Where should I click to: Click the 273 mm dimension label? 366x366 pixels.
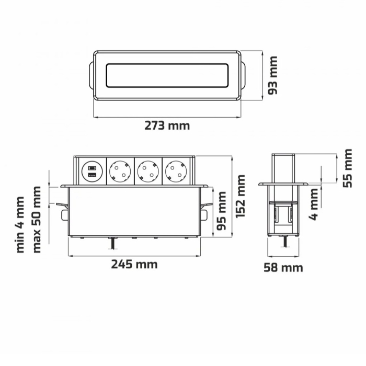167,126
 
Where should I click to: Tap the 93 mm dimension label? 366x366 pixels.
272,75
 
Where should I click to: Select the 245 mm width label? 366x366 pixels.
134,264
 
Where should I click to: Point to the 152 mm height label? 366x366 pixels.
241,196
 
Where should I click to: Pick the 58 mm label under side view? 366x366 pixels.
283,268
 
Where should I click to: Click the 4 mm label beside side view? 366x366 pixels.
314,204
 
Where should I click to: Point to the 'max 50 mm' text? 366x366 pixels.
36,219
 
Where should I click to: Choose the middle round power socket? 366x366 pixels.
148,170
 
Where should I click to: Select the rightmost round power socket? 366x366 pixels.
176,170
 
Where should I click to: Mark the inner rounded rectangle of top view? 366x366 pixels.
167,75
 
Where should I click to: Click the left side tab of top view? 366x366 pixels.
91,75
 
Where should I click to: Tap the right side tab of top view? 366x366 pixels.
244,75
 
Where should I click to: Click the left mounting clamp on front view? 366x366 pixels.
64,209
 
